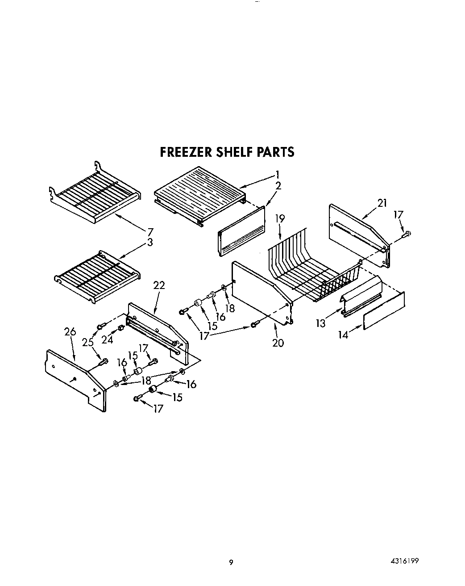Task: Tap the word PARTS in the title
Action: tap(275, 152)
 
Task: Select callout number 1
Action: tap(277, 175)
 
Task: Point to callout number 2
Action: tap(278, 186)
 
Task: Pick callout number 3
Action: tap(150, 242)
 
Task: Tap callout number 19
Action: tap(280, 219)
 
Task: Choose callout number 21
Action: tap(382, 203)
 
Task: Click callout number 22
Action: tap(159, 285)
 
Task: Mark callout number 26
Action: tap(70, 332)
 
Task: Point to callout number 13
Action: tap(321, 323)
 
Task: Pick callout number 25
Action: tap(88, 343)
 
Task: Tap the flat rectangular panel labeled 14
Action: tap(384, 310)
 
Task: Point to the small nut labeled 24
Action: tap(120, 330)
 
